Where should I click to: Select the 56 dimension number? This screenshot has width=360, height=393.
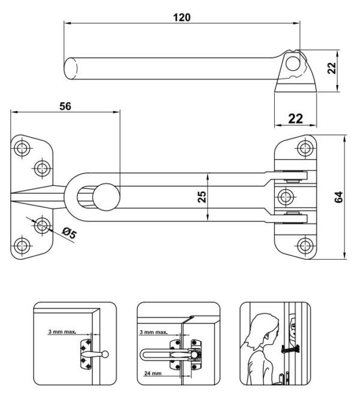point(65,106)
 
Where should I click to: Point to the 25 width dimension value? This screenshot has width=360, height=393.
point(202,196)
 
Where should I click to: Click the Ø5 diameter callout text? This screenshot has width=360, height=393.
point(70,232)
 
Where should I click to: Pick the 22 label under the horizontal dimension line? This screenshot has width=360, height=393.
point(295,118)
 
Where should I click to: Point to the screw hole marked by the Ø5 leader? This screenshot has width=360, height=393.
point(42,226)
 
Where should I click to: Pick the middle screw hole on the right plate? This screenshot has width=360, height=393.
point(287,196)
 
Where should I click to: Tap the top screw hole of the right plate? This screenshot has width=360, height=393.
point(306,147)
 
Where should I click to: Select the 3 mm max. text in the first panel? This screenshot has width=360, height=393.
point(62,331)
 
